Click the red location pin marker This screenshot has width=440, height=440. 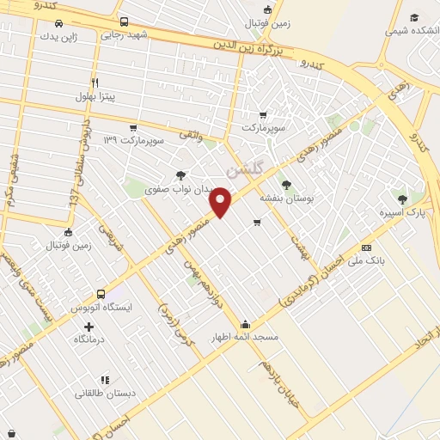coord(222,201)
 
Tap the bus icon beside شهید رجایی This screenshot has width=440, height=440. coord(125,21)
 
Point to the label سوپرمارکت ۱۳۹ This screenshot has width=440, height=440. coord(132,139)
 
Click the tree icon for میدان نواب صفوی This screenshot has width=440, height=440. coord(180,174)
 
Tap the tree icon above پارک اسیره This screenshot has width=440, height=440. coord(402,199)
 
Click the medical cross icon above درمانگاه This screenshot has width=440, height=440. coord(89,327)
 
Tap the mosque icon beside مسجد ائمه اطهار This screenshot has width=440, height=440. coord(246,325)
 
